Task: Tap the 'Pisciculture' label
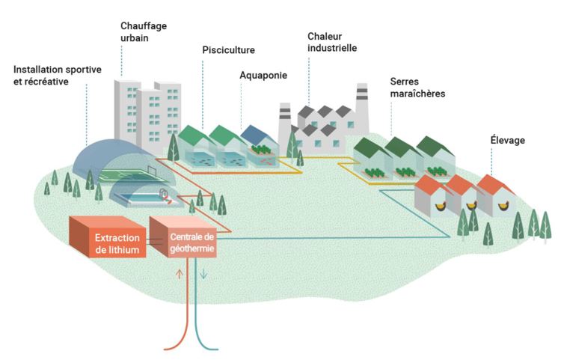click(x=228, y=50)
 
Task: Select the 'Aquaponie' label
click(x=263, y=75)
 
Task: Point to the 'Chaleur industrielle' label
click(x=332, y=42)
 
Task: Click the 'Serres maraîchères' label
click(x=417, y=88)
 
